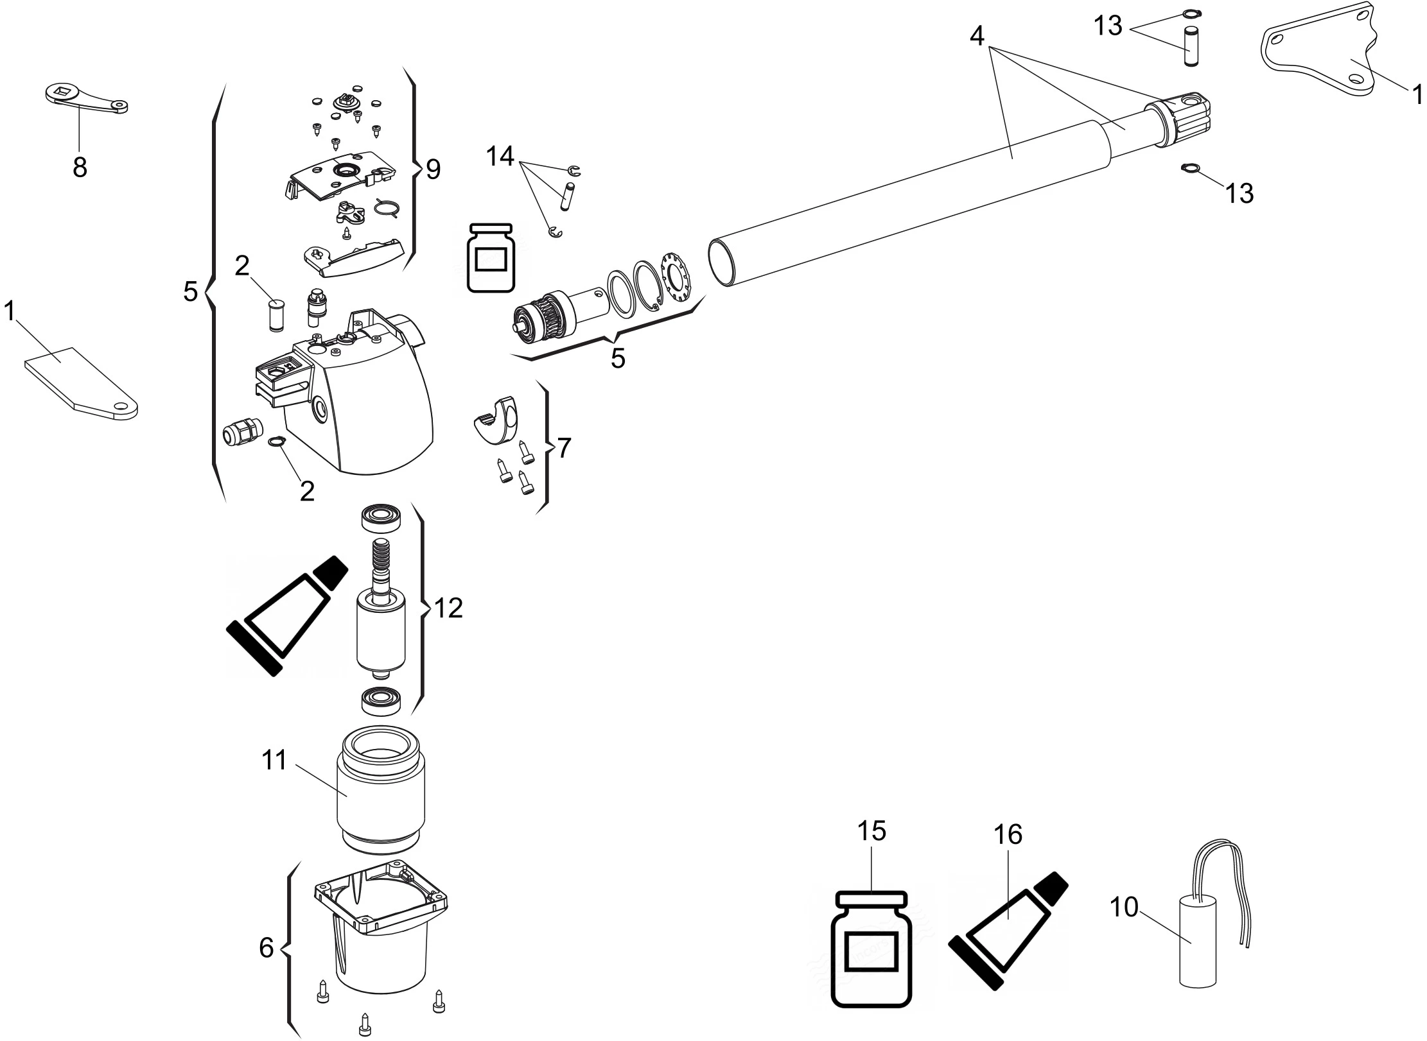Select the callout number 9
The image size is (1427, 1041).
[433, 169]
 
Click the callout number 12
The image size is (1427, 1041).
[448, 608]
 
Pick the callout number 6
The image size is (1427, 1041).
[267, 948]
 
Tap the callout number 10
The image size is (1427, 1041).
[1124, 908]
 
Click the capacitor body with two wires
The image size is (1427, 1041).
[1198, 942]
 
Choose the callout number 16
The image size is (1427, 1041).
[1008, 835]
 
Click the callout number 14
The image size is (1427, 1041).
[500, 155]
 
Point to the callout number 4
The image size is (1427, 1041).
[976, 37]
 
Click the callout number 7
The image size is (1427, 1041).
[563, 448]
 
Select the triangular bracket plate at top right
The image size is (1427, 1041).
[1323, 58]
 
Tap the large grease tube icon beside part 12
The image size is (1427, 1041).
[286, 614]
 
